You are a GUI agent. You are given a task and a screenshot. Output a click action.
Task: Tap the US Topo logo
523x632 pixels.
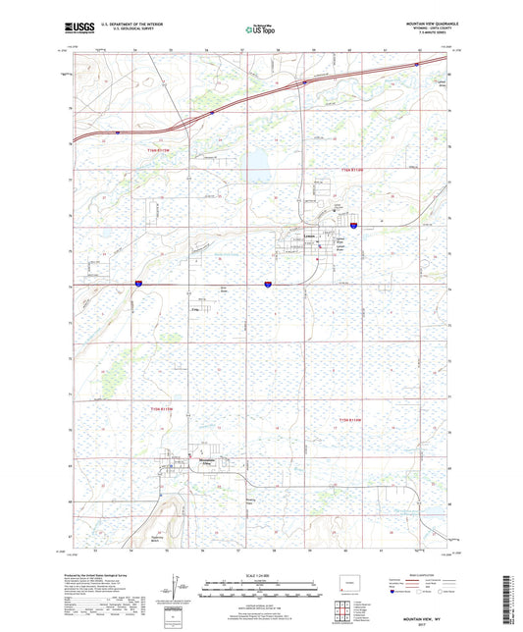point(257,30)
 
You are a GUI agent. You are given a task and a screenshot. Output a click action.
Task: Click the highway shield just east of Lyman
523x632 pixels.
point(353,226)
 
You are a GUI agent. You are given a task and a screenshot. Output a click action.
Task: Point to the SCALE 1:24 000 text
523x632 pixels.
point(260,574)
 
